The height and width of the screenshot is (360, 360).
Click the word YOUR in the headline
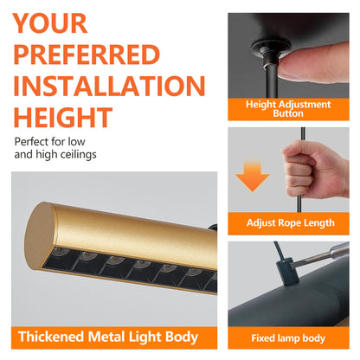pos(50,23)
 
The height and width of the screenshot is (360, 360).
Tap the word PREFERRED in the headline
pos(87,55)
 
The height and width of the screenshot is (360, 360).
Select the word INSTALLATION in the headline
pos(109,86)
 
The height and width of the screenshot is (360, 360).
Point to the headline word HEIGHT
pos(63,117)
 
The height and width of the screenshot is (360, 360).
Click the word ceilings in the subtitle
pos(78,155)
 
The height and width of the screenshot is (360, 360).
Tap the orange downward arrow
pos(253,177)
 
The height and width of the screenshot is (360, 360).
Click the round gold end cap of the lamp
pos(39,235)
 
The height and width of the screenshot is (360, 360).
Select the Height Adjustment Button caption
pos(288,109)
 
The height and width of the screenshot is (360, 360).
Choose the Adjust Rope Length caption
pos(291,223)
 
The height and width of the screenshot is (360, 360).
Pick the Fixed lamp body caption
pos(288,338)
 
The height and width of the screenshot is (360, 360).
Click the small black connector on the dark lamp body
pos(286,272)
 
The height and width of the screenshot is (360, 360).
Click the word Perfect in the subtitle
pos(31,142)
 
